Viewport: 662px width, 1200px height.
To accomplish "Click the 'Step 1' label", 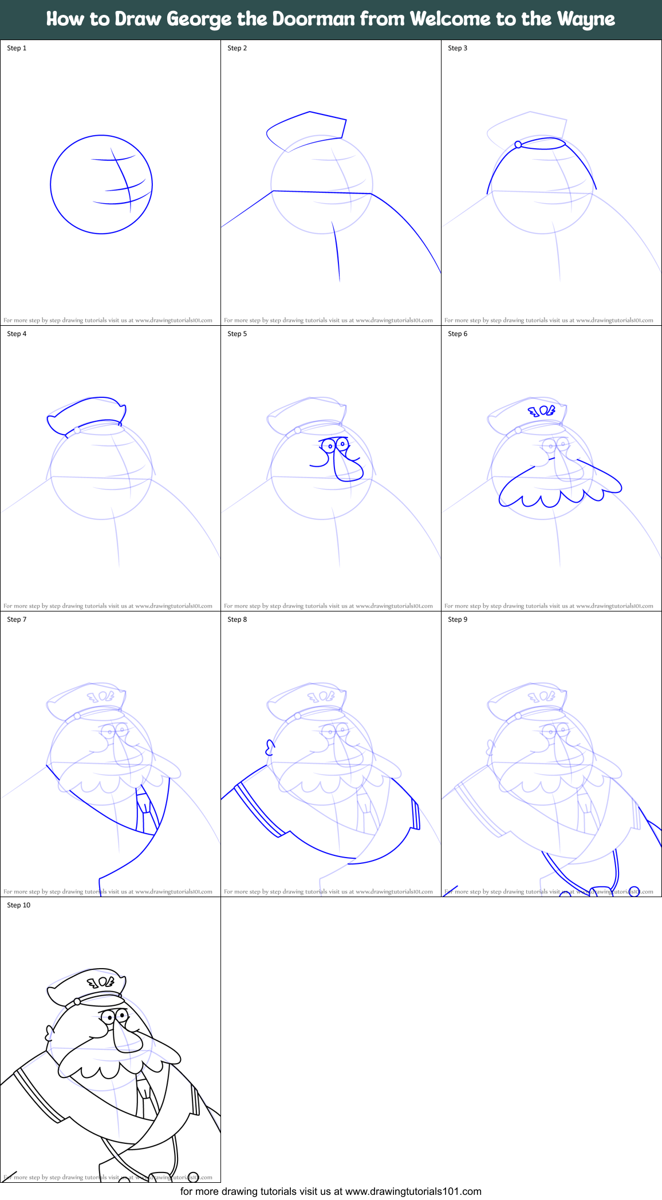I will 17,48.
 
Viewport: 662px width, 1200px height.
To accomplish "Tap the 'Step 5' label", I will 237,334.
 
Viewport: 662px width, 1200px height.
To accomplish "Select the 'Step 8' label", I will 237,619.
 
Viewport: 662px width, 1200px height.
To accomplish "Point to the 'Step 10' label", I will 19,905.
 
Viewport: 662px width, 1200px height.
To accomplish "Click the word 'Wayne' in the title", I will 585,19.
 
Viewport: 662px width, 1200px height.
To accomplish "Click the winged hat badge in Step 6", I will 542,410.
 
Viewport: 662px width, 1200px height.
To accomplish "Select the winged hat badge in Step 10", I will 101,982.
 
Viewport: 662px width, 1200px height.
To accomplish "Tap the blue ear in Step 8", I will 270,747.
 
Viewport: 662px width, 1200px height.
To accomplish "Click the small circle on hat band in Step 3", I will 518,145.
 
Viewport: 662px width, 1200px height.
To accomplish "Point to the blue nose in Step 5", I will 346,466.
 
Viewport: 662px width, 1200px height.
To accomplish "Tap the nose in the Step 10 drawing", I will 127,1037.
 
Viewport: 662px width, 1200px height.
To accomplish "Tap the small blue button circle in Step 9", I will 634,891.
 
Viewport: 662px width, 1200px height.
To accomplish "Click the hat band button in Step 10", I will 77,1002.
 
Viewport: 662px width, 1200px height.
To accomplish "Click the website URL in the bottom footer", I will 413,1191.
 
